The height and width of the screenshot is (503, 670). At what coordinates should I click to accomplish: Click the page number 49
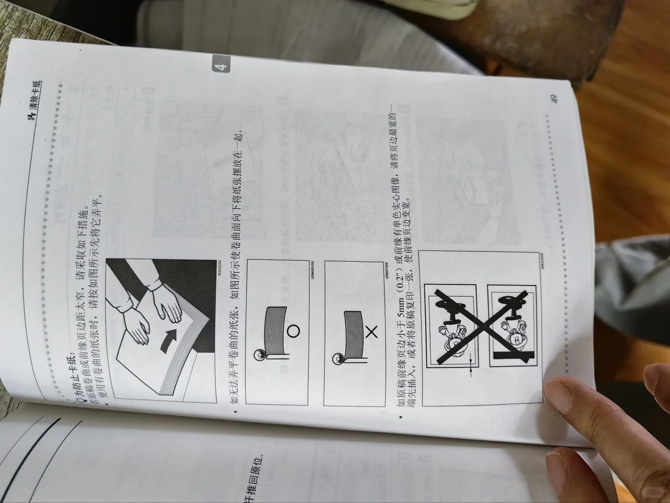(553, 98)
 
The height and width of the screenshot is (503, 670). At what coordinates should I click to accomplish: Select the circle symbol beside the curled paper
(293, 331)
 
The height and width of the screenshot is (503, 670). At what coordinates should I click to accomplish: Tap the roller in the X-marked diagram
(337, 358)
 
